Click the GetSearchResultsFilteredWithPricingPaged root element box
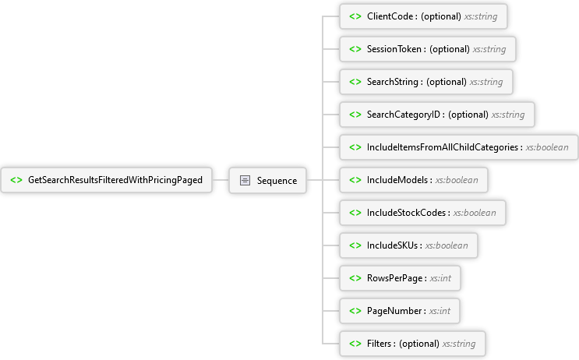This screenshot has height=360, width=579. point(106,180)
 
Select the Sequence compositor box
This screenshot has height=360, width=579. point(268,180)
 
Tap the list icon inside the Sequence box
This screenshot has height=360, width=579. point(245,180)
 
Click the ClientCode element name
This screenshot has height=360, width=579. point(390,16)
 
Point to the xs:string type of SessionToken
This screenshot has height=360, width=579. point(489,49)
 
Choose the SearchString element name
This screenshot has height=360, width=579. point(393,82)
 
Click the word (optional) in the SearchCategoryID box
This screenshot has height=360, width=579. point(468,115)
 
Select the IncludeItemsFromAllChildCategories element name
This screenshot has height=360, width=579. point(443,147)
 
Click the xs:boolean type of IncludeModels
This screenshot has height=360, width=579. point(457,180)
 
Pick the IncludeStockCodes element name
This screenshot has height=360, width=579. point(406,213)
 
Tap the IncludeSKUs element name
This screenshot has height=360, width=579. point(392,245)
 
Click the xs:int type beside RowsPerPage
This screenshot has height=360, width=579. point(440,278)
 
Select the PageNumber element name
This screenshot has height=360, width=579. point(394,311)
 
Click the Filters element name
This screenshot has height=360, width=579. point(379,344)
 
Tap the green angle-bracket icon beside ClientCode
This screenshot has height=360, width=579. point(355,16)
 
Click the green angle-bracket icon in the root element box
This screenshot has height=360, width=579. point(16,180)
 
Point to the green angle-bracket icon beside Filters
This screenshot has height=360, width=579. point(355,344)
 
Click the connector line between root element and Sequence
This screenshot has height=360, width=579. point(221,180)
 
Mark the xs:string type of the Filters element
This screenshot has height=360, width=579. point(459,344)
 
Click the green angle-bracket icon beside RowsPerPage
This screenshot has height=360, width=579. point(355,278)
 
